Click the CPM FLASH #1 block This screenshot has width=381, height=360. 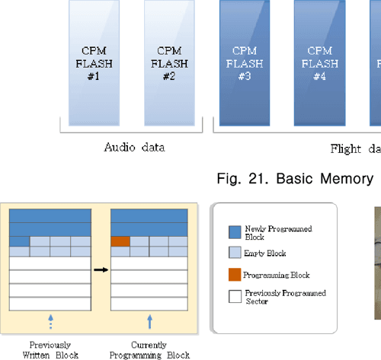(94, 62)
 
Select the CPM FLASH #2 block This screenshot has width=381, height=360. (169, 62)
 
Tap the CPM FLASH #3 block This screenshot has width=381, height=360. (245, 62)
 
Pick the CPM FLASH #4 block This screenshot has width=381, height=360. (320, 62)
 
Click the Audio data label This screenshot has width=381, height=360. (134, 148)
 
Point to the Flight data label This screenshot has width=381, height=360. (355, 148)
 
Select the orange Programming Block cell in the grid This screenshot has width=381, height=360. (120, 241)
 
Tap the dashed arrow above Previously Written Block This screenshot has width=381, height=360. (50, 321)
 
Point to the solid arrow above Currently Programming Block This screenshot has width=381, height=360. (149, 321)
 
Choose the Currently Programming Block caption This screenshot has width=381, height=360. (149, 349)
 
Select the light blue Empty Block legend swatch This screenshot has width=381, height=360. (235, 253)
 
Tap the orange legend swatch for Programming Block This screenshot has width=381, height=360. (235, 274)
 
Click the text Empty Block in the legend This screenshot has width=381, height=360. (264, 253)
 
